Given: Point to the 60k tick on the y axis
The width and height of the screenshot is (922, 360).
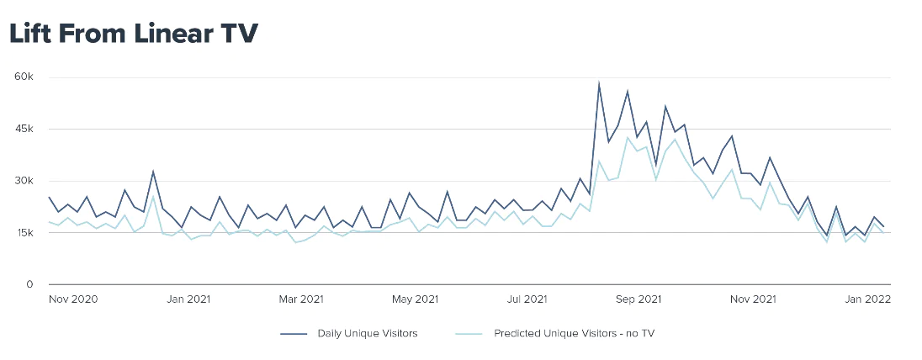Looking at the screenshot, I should pyautogui.click(x=23, y=77).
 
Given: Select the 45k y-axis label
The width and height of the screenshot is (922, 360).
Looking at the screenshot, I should pyautogui.click(x=23, y=129).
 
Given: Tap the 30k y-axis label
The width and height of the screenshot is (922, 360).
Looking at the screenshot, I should pyautogui.click(x=23, y=181).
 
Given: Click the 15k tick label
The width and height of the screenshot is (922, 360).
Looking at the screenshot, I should pyautogui.click(x=23, y=233).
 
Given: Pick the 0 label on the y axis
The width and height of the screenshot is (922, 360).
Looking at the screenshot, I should pyautogui.click(x=29, y=284).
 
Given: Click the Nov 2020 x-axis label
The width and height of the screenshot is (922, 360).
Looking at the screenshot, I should pyautogui.click(x=73, y=299).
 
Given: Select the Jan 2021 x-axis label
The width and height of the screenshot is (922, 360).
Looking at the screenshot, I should pyautogui.click(x=188, y=299).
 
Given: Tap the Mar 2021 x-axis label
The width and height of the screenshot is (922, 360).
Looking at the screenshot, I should pyautogui.click(x=301, y=299).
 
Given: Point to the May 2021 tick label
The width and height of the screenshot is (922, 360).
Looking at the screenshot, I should pyautogui.click(x=415, y=299).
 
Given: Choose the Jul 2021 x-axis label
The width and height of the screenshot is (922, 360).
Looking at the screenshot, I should pyautogui.click(x=527, y=299).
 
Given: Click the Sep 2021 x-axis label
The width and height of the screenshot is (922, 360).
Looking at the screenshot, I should pyautogui.click(x=639, y=299).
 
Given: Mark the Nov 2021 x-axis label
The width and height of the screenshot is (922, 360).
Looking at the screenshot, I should pyautogui.click(x=753, y=299).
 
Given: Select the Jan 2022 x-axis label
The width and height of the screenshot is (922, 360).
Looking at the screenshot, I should pyautogui.click(x=867, y=299).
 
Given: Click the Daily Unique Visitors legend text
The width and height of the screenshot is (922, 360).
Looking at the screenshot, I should pyautogui.click(x=367, y=334).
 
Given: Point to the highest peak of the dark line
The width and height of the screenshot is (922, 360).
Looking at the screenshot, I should pyautogui.click(x=599, y=83).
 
